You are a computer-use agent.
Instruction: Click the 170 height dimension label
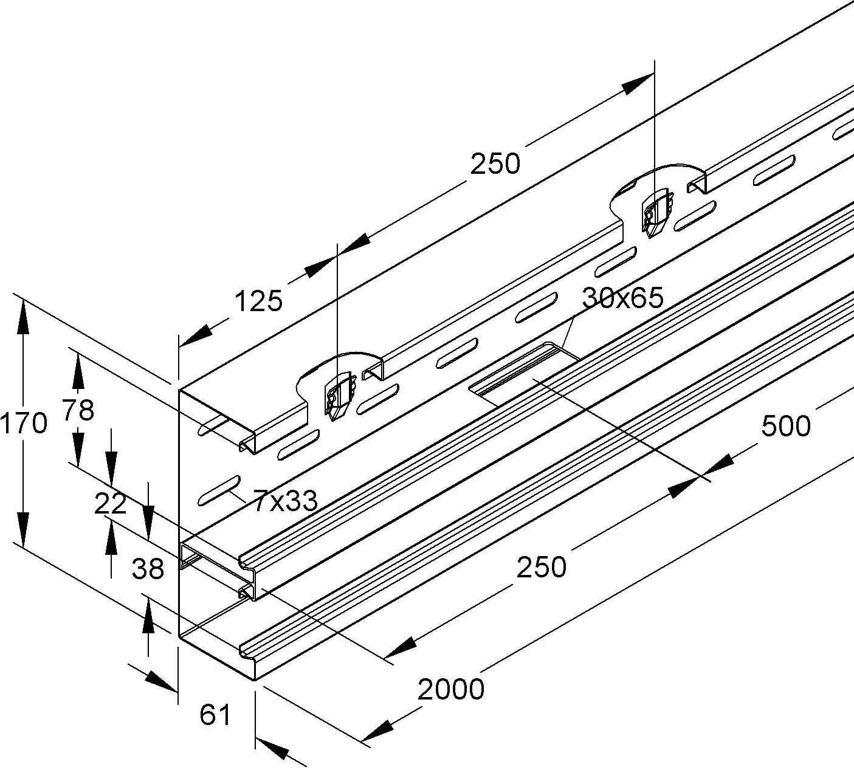point(23,424)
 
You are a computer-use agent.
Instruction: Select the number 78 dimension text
point(78,411)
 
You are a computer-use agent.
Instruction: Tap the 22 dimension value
point(110,504)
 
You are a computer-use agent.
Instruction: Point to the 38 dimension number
point(148,569)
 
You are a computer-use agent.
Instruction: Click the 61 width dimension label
point(215,715)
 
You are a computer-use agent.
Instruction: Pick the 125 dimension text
point(258,301)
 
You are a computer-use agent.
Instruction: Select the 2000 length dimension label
point(451,689)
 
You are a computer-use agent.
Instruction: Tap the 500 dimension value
point(785,427)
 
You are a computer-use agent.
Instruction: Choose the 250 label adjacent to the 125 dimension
point(495,164)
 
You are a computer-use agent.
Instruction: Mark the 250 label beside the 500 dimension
point(541,567)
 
